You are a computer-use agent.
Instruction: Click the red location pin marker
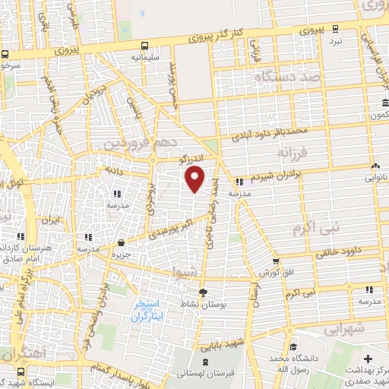pyautogui.click(x=195, y=179)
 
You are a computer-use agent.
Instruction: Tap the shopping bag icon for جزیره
pyautogui.click(x=122, y=244)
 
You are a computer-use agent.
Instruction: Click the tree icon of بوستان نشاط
pyautogui.click(x=203, y=293)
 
